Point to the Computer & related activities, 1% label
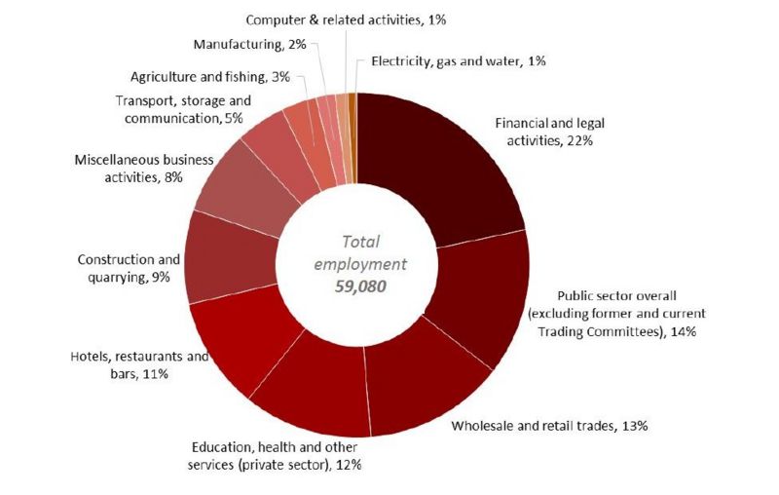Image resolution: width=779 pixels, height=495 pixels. (346, 19)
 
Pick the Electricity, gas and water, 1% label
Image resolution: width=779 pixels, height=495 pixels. (459, 61)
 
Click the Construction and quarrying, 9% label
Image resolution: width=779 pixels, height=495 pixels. (129, 268)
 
